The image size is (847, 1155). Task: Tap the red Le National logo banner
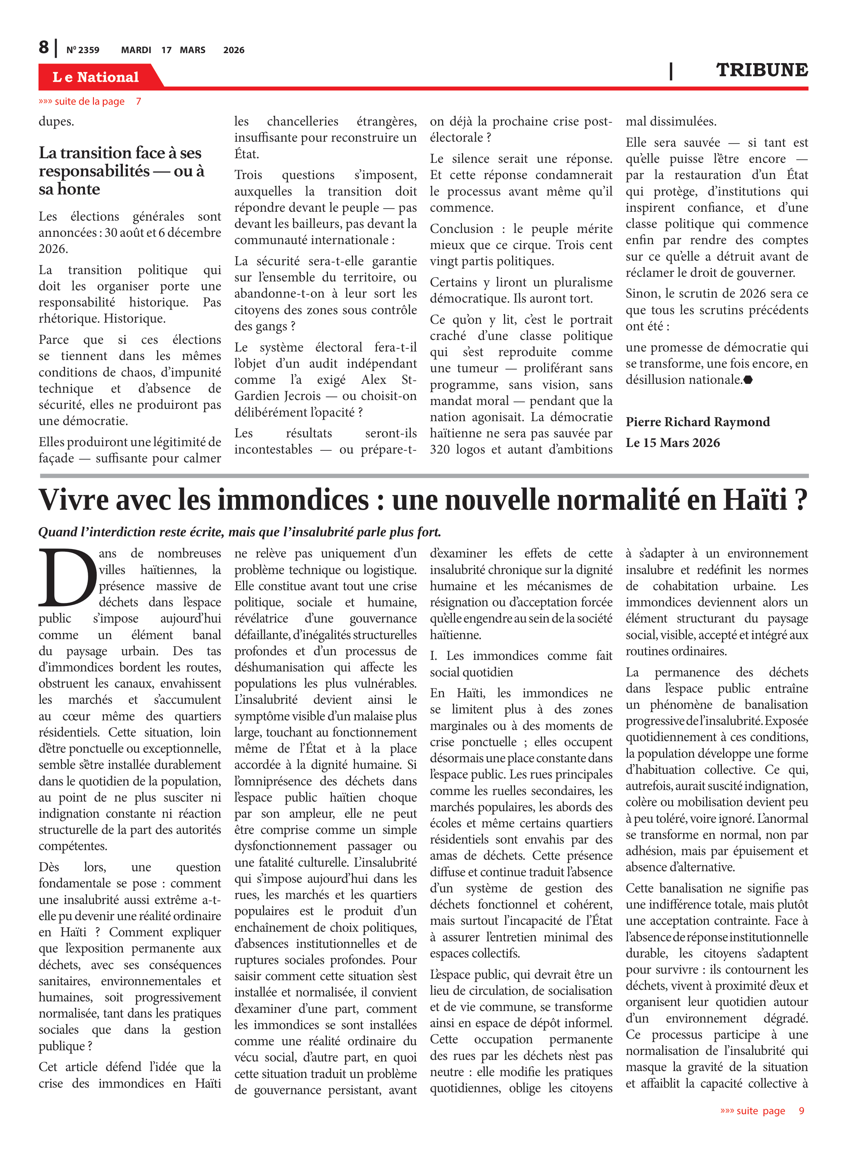pos(96,77)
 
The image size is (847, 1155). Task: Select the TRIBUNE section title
pos(762,70)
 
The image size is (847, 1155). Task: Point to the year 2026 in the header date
pos(234,50)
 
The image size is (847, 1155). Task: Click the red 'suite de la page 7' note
pos(90,102)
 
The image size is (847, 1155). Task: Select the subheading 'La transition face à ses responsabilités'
pos(121,170)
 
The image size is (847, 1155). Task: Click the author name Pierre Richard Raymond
pos(697,422)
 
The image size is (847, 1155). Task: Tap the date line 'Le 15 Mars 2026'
pos(672,443)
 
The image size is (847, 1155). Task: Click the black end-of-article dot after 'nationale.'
pos(748,380)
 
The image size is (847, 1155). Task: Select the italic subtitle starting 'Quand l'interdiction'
pos(239,532)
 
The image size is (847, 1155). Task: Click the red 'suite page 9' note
pos(762,1111)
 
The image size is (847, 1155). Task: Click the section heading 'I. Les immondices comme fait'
pos(521,656)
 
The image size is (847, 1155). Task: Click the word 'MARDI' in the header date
pos(136,50)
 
